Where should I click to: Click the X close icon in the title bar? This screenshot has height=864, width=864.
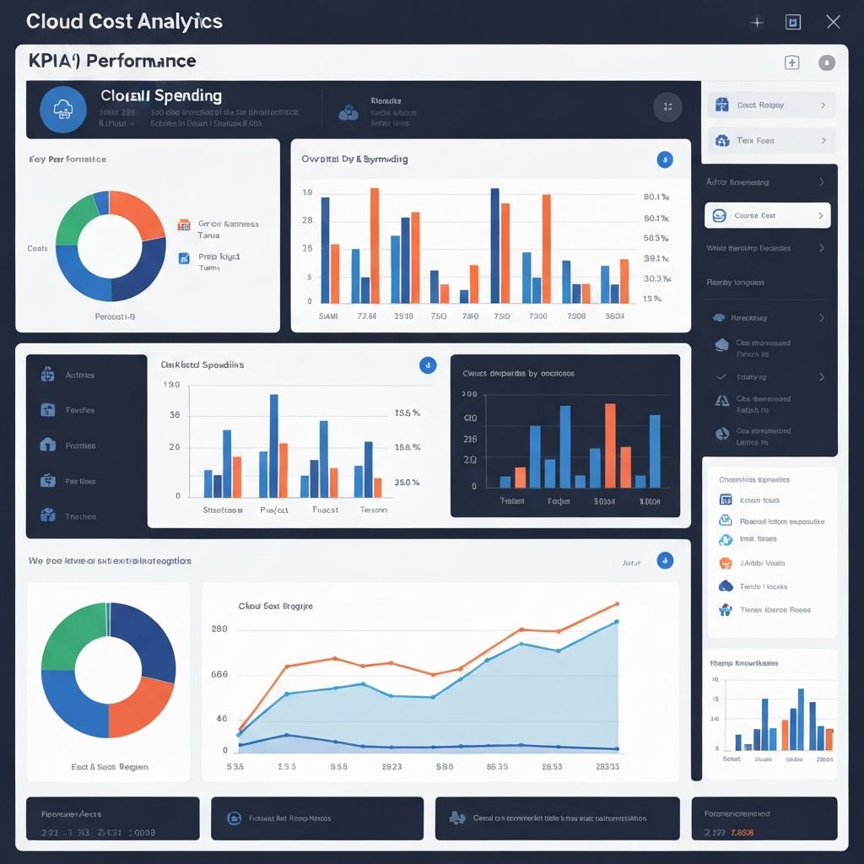pyautogui.click(x=833, y=22)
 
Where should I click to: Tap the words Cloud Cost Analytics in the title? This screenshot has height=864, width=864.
pyautogui.click(x=124, y=21)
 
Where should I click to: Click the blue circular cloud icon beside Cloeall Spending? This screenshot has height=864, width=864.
pyautogui.click(x=63, y=110)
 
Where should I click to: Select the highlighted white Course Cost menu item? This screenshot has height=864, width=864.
pyautogui.click(x=767, y=215)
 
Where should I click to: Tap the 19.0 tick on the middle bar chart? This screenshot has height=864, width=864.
pyautogui.click(x=170, y=385)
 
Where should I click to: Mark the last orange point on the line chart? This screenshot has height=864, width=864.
pyautogui.click(x=618, y=604)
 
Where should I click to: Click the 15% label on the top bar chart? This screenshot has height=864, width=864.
pyautogui.click(x=651, y=299)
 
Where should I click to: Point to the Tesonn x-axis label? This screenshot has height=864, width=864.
pyautogui.click(x=374, y=510)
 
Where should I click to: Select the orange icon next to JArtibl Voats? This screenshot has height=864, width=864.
pyautogui.click(x=725, y=563)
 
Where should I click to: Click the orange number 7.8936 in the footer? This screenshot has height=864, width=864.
pyautogui.click(x=742, y=833)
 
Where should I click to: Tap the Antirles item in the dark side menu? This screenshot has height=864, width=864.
pyautogui.click(x=79, y=375)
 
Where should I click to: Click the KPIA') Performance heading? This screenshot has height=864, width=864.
pyautogui.click(x=111, y=61)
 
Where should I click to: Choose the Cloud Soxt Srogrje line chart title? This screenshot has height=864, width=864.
pyautogui.click(x=275, y=606)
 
